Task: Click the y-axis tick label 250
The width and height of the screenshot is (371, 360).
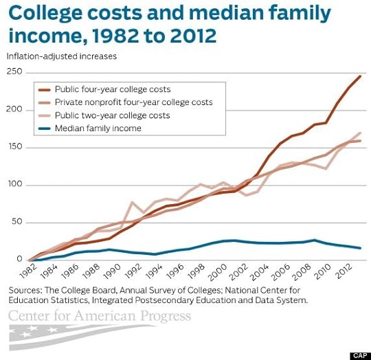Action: tap(14, 72)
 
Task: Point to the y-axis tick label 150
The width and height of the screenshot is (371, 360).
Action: tap(14, 147)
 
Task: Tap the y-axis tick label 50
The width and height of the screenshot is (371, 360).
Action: tap(16, 222)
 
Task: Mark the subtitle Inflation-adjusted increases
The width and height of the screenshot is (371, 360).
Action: tap(62, 56)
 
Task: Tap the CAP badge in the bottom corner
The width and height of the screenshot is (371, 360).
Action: tap(359, 355)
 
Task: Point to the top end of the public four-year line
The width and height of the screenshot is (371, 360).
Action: tap(360, 76)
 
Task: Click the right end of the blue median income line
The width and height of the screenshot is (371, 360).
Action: tap(360, 248)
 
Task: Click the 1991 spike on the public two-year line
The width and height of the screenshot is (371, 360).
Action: tap(132, 203)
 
